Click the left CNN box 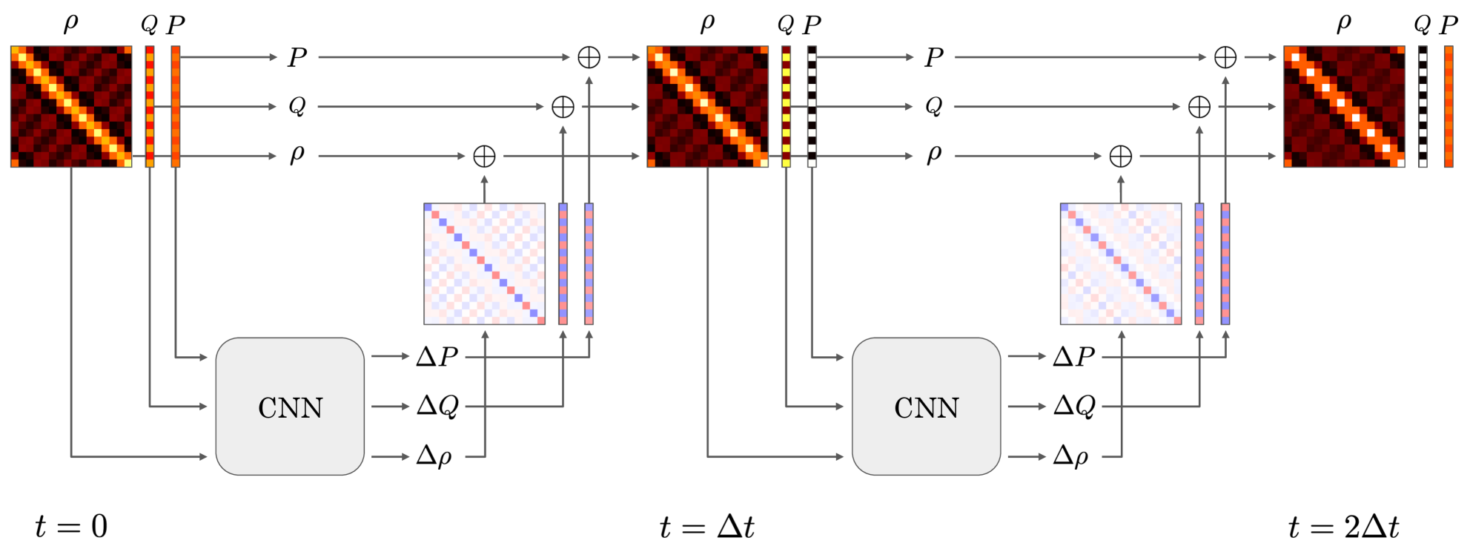[290, 407]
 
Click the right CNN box [926, 407]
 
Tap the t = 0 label [71, 527]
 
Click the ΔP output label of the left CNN [437, 357]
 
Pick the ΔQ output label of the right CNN [1074, 406]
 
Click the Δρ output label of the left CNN [434, 456]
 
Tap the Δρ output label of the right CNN [1071, 456]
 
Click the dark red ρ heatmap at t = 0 [71, 107]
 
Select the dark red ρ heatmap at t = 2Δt [1344, 107]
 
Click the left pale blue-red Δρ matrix [484, 264]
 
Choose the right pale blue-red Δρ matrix [1121, 264]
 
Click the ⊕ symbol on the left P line [589, 57]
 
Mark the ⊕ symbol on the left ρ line [484, 157]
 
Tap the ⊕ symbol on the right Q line [1199, 107]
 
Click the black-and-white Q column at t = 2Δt [1423, 107]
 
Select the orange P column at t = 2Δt [1449, 107]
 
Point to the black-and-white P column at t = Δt [812, 107]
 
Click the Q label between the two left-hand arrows [297, 107]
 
